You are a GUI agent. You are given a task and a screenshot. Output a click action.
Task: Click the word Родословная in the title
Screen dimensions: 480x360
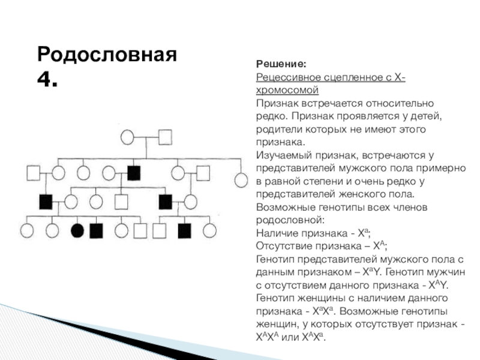pyautogui.click(x=107, y=54)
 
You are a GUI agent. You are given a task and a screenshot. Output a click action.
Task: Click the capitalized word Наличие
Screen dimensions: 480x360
pyautogui.click(x=277, y=233)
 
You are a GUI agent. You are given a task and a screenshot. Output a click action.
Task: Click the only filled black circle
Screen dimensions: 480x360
pyautogui.click(x=77, y=230)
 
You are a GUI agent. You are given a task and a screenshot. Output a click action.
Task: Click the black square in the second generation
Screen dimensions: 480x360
pyautogui.click(x=133, y=173)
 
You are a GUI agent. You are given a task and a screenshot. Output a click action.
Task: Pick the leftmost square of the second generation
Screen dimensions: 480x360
pyautogui.click(x=33, y=173)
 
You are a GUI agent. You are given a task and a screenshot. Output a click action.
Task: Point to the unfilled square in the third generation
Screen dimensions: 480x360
pyautogui.click(x=122, y=200)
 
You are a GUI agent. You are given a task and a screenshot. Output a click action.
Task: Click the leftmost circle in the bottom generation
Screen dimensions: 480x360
pyautogui.click(x=26, y=230)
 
